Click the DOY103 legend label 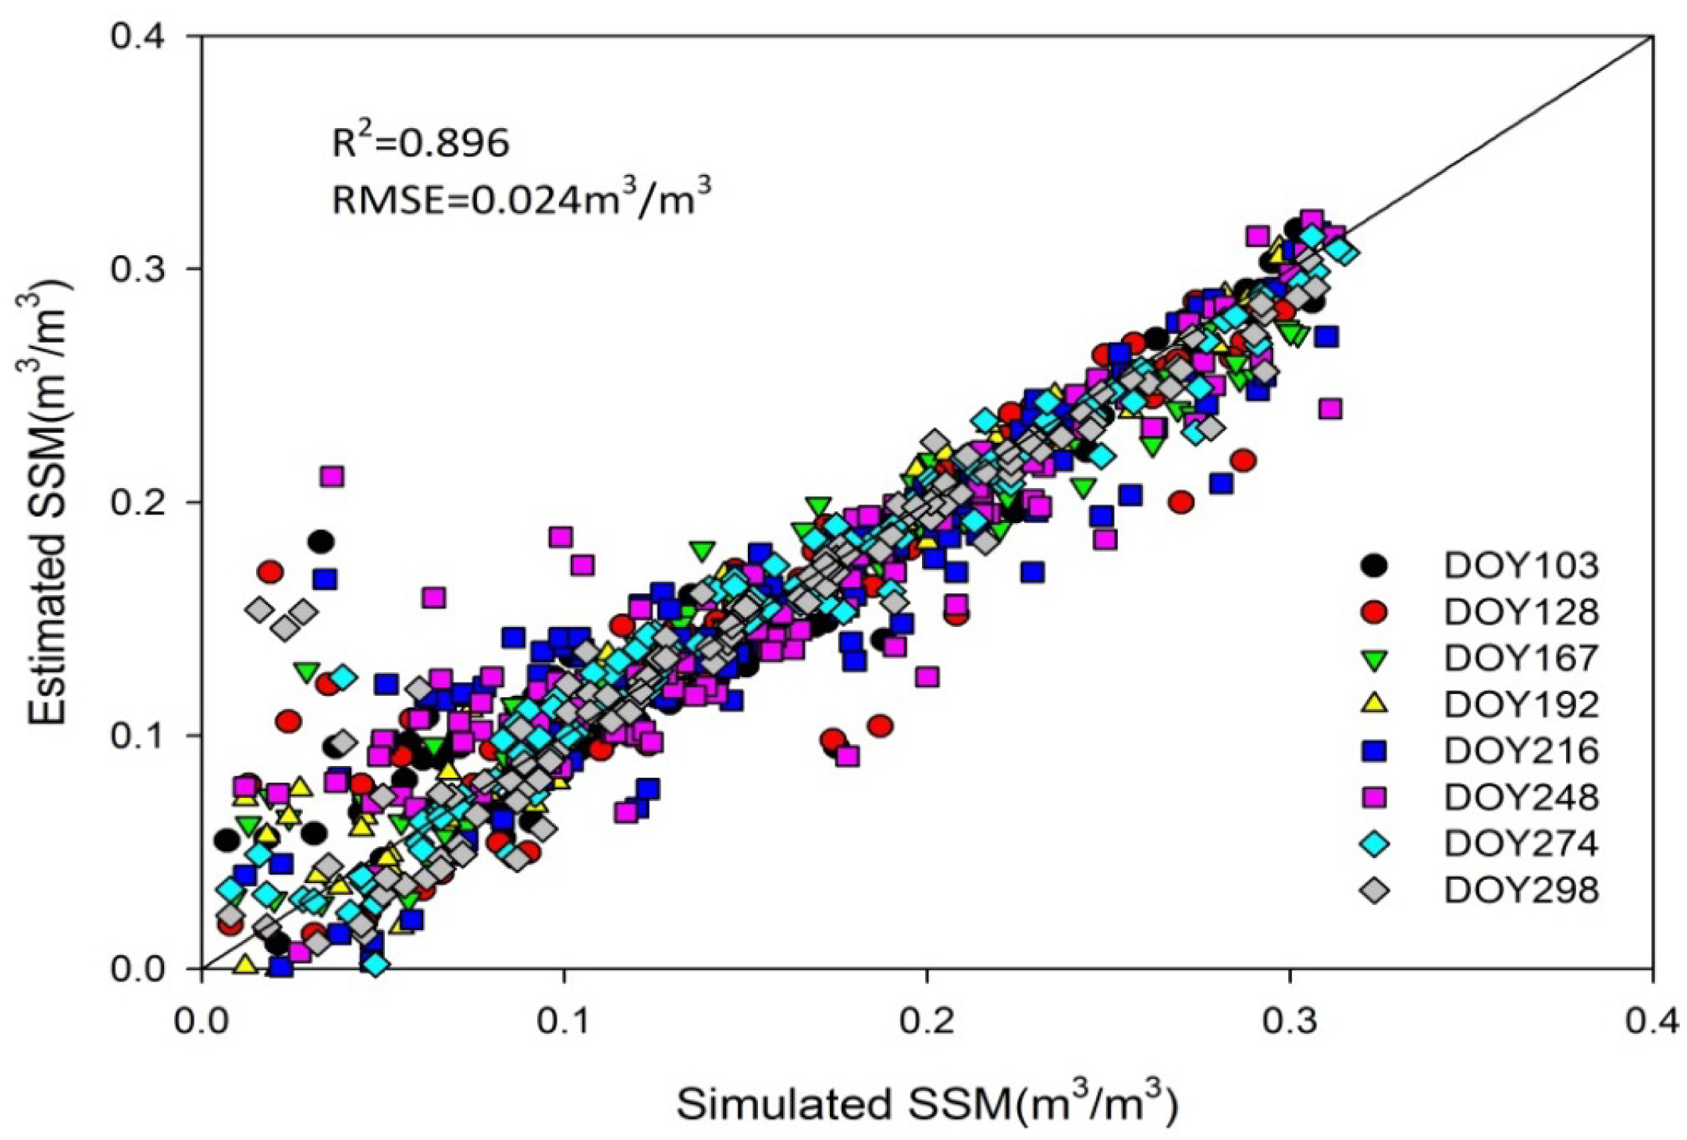point(1521,565)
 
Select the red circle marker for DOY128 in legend point(1374,611)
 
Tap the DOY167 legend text point(1521,658)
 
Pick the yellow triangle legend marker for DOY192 point(1374,704)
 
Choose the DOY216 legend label point(1521,750)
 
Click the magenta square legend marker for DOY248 point(1374,797)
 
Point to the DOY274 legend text point(1521,843)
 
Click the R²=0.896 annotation point(421,143)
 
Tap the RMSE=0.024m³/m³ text point(521,199)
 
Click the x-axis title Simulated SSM point(926,1103)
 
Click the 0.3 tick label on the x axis point(1289,1021)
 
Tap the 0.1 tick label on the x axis point(563,1021)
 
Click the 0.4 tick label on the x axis point(1652,1021)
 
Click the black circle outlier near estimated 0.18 point(321,541)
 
